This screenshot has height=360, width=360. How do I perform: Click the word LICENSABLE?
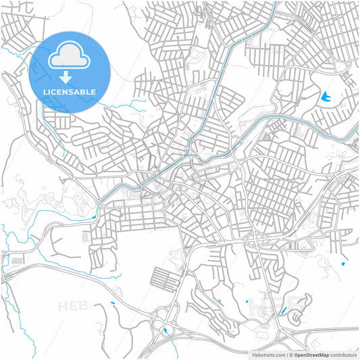[69, 91]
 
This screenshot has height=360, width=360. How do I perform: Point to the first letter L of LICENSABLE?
[44, 91]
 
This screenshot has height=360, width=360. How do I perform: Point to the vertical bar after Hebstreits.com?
[286, 355]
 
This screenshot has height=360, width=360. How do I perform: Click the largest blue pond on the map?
[328, 97]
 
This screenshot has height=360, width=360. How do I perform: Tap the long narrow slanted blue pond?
[284, 312]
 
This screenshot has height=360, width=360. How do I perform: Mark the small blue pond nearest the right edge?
[343, 263]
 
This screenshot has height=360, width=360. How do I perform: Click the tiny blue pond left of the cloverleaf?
[112, 305]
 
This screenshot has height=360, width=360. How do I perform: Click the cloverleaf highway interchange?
[165, 324]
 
